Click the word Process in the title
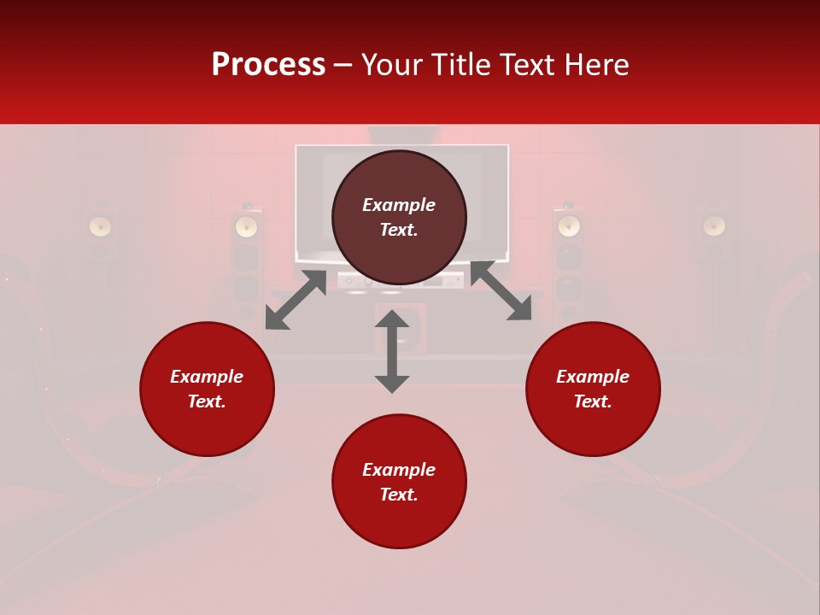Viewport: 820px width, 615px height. click(x=268, y=65)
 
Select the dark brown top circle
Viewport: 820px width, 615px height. click(x=399, y=217)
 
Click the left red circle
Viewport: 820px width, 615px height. click(x=207, y=389)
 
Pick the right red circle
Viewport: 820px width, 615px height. click(x=593, y=389)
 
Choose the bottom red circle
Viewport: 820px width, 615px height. click(x=399, y=482)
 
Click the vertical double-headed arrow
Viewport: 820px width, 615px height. click(x=392, y=351)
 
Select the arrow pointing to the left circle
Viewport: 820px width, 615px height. click(x=296, y=300)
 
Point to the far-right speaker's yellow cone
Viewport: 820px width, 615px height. click(x=714, y=225)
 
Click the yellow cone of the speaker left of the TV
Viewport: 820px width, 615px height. click(x=247, y=226)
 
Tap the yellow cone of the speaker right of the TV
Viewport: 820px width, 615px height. click(x=569, y=226)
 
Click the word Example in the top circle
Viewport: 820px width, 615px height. click(x=399, y=205)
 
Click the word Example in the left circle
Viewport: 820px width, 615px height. click(x=207, y=377)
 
